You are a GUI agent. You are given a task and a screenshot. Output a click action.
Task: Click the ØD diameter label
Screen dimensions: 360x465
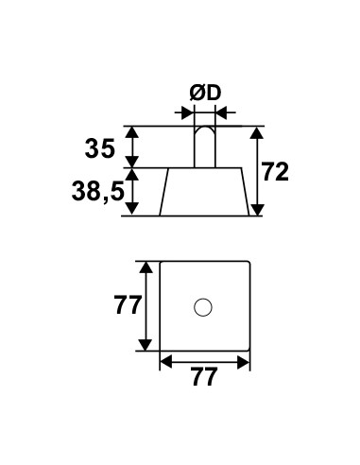[x=205, y=94]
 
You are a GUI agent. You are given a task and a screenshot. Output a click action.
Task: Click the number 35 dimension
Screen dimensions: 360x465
[x=99, y=148]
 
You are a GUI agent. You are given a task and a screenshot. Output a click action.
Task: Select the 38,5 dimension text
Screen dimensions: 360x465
[x=97, y=192]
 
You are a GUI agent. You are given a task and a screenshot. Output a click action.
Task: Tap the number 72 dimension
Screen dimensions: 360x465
[x=275, y=172]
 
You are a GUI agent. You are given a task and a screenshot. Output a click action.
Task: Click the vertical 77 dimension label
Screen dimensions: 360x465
[x=127, y=305]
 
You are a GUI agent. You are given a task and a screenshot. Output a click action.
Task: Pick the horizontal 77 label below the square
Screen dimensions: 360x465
[x=204, y=376]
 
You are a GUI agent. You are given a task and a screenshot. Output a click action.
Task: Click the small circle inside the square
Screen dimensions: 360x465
[x=203, y=307]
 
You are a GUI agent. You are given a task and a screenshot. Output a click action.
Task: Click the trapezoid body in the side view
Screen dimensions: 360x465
[x=204, y=192]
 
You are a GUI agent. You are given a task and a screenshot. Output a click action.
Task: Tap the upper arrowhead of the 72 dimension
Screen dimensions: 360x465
[x=258, y=133]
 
